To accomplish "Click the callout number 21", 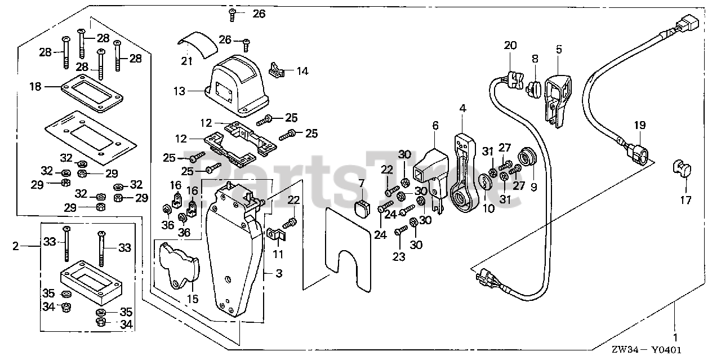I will (186, 61).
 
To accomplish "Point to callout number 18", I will (35, 86).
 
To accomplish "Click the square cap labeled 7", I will (360, 208).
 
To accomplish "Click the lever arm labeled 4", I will (465, 175).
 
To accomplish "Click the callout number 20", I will (510, 46).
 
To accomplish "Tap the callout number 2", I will (16, 246).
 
